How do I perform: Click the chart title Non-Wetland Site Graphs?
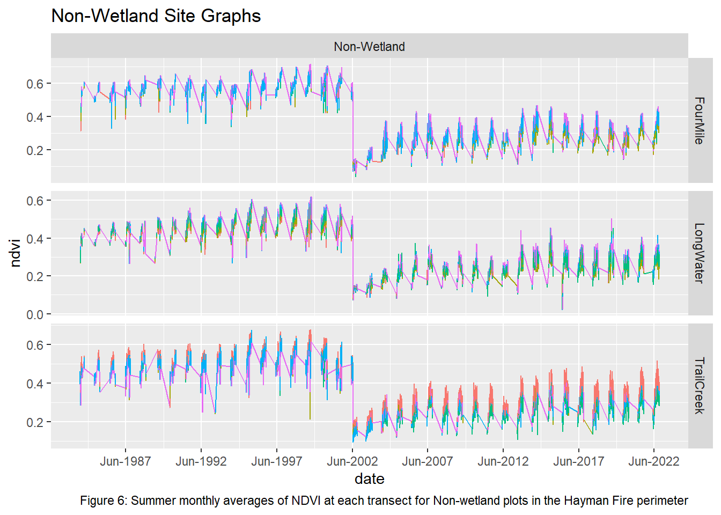click(x=156, y=16)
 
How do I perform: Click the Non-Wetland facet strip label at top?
click(x=369, y=47)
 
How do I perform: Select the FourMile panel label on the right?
click(x=699, y=120)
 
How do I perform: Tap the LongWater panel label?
click(x=699, y=253)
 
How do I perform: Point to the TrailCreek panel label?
click(x=699, y=386)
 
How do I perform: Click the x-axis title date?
click(x=369, y=479)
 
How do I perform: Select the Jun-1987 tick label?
click(x=126, y=461)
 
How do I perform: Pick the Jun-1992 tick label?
click(x=201, y=461)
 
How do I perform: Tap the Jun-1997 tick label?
click(x=277, y=461)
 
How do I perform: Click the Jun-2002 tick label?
click(x=352, y=461)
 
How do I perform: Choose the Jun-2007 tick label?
click(x=428, y=461)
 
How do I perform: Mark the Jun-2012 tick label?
click(x=503, y=461)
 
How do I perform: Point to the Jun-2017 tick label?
click(x=579, y=461)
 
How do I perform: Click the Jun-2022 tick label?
click(x=654, y=461)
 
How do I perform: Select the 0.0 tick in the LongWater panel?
click(x=35, y=315)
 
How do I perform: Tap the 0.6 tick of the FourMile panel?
click(x=35, y=84)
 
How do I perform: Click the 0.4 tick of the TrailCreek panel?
click(x=35, y=384)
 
